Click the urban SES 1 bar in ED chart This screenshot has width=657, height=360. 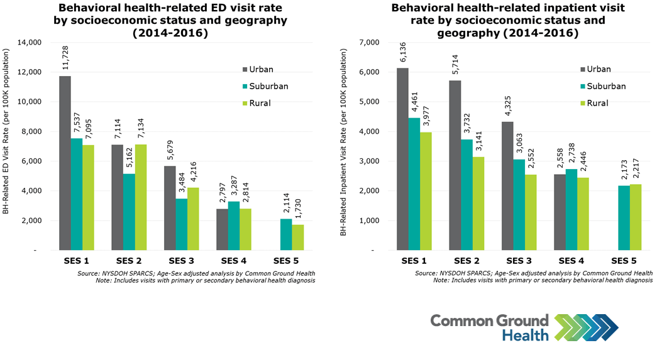click(x=65, y=163)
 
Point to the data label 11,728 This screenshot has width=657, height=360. click(x=65, y=57)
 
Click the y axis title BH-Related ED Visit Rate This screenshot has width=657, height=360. click(x=7, y=146)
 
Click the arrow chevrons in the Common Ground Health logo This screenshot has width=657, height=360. click(x=585, y=327)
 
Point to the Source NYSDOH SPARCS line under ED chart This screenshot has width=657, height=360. click(x=197, y=273)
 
